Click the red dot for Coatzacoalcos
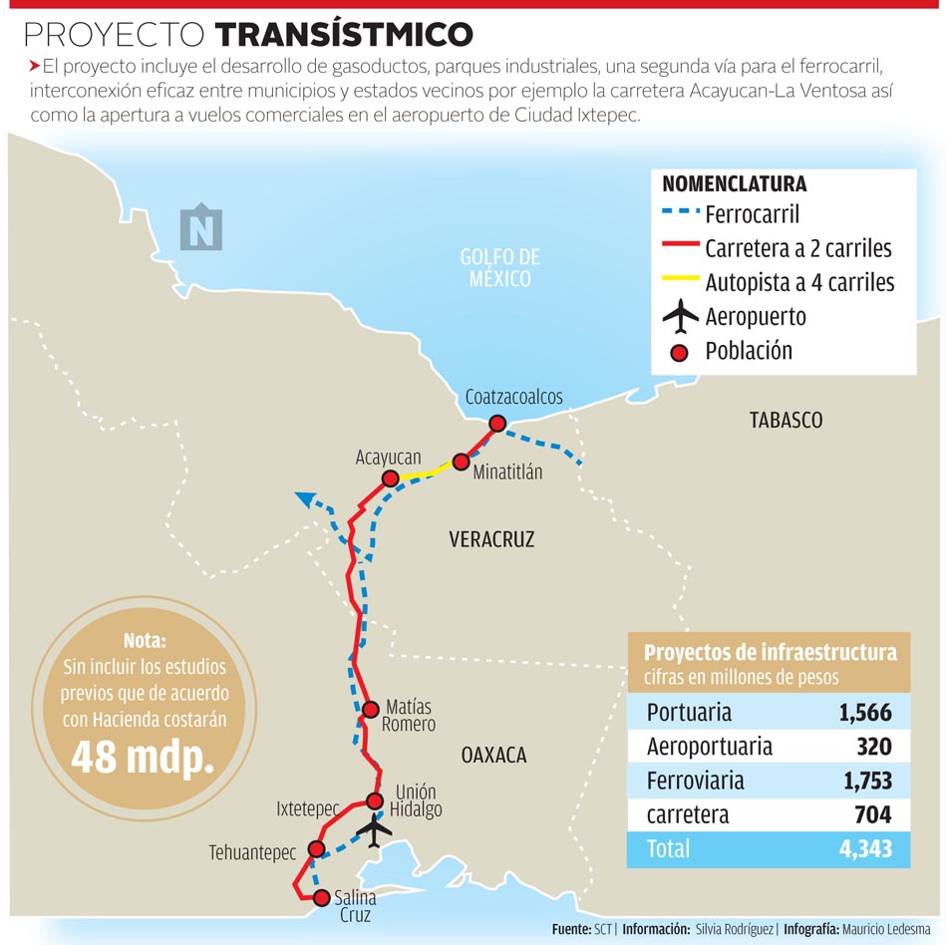pos(496,424)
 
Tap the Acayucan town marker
pos(391,478)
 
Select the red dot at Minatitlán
pos(461,462)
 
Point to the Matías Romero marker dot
pos(370,710)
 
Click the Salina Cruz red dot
pos(321,898)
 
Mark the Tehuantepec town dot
pos(317,849)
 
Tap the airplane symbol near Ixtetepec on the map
pos(375,828)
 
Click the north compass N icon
pos(201,228)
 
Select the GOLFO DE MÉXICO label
pos(500,267)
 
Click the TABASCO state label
pos(787,420)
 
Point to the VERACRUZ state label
pos(491,539)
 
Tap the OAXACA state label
pos(493,755)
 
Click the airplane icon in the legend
pos(680,317)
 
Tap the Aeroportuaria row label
pos(709,746)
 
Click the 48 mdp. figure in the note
pos(143,758)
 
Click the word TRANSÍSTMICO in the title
pos(344,35)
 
